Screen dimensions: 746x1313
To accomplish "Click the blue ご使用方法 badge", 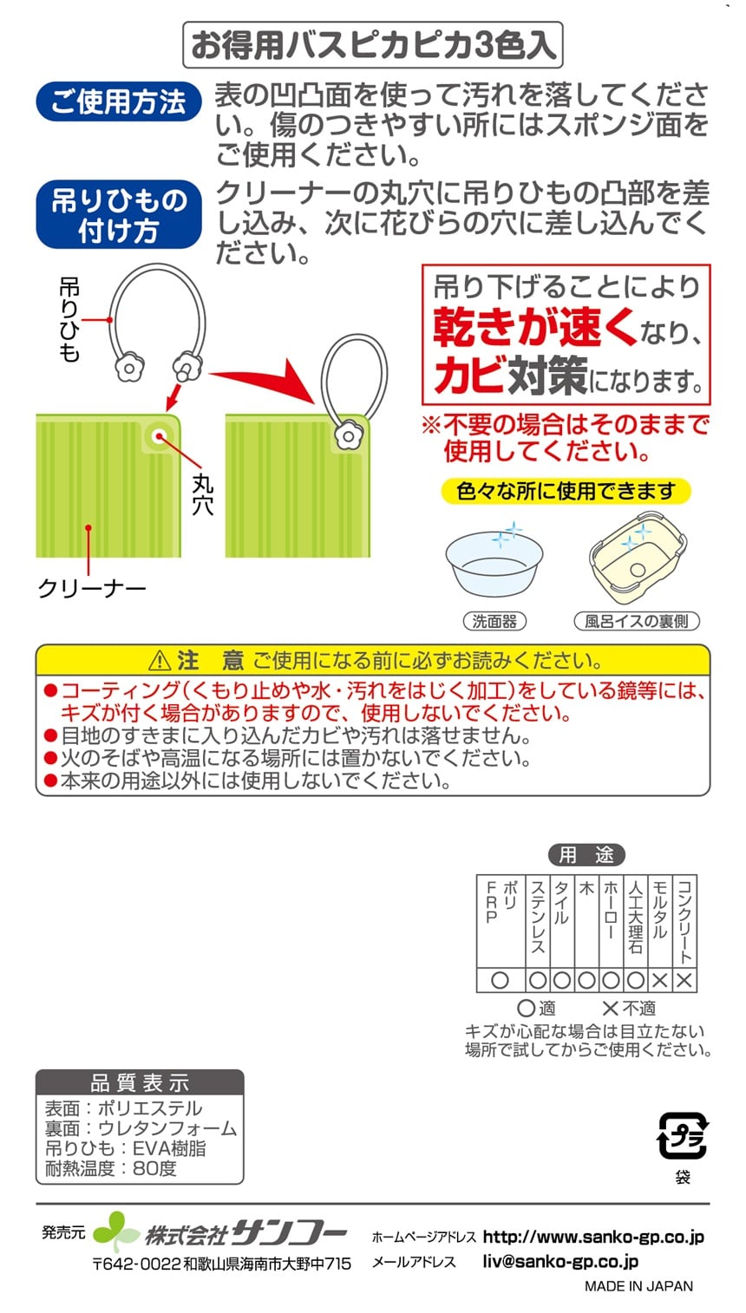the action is [x=119, y=101].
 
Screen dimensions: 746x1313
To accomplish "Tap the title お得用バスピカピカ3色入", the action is [x=373, y=44].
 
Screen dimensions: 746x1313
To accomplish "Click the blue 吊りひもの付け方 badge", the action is [x=119, y=214].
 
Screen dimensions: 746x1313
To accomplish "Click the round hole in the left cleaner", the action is [x=159, y=436].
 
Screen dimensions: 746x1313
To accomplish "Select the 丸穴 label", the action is [x=202, y=494].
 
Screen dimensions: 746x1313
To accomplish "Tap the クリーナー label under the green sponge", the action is [x=91, y=587].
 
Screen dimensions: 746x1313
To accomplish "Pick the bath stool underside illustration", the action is [x=638, y=557].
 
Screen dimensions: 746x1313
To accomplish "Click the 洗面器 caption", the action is [x=494, y=621].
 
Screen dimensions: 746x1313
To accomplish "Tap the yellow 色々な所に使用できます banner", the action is [x=566, y=491].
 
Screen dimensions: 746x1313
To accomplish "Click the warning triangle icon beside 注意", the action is [x=159, y=661].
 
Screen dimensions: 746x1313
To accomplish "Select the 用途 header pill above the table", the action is [x=586, y=855].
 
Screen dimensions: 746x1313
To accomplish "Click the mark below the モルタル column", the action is [x=660, y=981].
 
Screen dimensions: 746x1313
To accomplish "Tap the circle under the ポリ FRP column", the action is [x=500, y=981].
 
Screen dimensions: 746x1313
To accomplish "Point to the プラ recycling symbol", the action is [x=682, y=1136].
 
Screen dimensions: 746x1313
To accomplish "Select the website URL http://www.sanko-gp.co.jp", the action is [x=593, y=1237].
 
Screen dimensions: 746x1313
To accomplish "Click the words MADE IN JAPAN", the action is [x=638, y=1286].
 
